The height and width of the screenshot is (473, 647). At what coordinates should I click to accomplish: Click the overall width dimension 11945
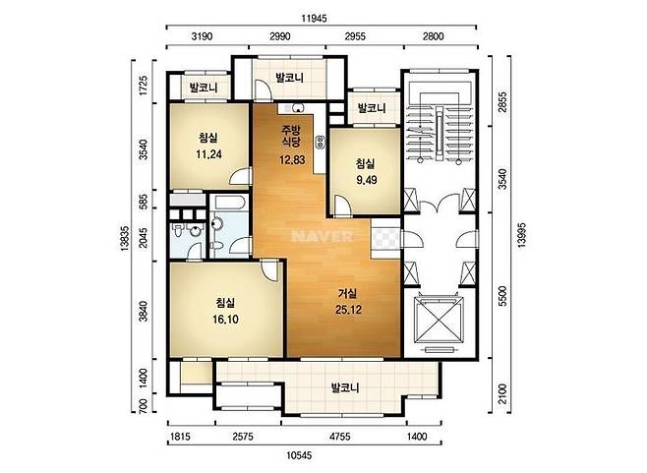314,18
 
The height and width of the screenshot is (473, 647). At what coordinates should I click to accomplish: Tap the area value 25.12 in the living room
349,310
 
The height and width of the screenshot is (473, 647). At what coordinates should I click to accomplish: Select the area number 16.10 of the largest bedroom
225,319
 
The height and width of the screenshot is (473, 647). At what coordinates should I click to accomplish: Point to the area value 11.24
208,154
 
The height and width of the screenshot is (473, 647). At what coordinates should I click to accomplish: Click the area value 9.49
367,180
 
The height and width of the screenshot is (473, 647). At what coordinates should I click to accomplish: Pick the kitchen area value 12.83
292,159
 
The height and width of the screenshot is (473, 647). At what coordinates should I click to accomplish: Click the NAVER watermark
323,236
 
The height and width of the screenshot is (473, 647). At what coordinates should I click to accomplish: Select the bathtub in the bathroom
229,203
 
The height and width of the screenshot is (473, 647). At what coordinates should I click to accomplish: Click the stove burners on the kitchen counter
321,143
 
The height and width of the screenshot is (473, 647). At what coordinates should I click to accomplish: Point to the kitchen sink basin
298,108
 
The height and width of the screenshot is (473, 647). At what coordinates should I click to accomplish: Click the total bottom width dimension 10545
299,455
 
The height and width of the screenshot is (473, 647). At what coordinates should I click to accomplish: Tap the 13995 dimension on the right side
521,235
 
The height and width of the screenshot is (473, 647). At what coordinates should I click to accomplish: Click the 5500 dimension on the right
501,296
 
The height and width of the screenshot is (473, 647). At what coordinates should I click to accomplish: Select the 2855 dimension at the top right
501,101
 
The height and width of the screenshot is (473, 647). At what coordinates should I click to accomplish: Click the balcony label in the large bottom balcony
345,387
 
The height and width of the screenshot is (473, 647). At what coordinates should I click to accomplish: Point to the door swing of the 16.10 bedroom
268,270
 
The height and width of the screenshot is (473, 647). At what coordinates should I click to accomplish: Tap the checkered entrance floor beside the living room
385,239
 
